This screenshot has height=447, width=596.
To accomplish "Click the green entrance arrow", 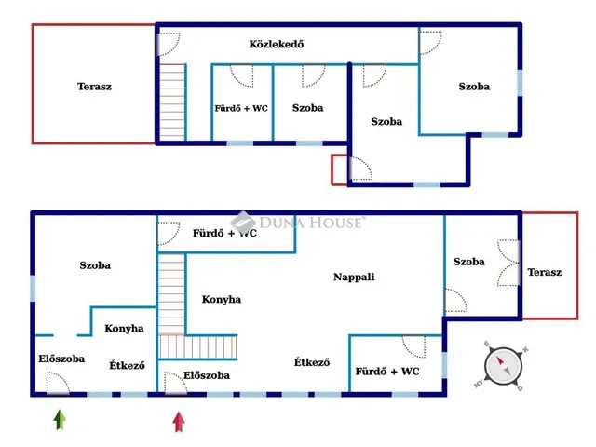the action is pos(60,419).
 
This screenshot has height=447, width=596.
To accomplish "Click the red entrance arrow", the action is pos(179,422).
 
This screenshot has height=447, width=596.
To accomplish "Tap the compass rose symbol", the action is pos(503,366).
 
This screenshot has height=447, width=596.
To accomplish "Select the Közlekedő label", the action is pos(277,44).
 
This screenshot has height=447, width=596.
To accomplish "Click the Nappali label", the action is pos(354,277).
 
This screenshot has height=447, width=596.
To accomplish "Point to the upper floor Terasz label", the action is pos(94,87).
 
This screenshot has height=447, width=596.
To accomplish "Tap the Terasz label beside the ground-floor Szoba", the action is pos(544,272).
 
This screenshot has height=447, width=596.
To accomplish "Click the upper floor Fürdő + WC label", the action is pos(241,108).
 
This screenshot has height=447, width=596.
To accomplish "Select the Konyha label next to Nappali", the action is pos(222,300).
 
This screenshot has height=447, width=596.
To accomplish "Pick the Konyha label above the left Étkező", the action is pos(124,329).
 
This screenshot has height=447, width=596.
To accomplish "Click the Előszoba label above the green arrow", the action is pos(61,359).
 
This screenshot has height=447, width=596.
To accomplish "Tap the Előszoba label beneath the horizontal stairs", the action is pos(207,375).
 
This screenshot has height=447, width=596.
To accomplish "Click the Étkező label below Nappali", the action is pos(312,362).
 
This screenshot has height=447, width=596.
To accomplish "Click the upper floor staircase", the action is pos(172,102).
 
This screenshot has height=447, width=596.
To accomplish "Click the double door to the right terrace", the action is pos(508,263).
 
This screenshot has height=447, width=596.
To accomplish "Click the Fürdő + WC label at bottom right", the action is pos(387,372).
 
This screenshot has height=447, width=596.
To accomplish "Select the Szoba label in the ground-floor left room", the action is pos(95,265).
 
